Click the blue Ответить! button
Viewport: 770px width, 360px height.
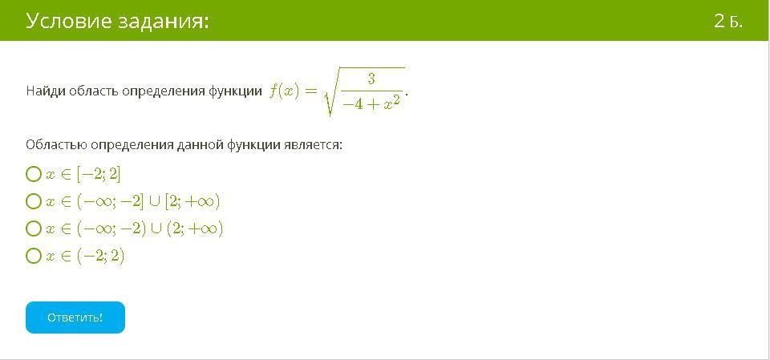[75, 318]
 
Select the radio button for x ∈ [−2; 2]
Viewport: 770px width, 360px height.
[34, 174]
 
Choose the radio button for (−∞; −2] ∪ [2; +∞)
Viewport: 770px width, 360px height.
[34, 201]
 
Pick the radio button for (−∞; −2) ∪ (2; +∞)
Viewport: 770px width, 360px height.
[34, 229]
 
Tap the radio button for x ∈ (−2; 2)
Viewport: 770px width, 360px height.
[34, 256]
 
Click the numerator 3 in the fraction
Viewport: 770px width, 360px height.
[371, 79]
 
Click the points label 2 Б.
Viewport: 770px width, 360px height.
[728, 22]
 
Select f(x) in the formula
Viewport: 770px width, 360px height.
[284, 92]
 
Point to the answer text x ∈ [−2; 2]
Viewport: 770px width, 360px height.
[83, 174]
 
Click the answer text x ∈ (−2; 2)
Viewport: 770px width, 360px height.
[85, 256]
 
